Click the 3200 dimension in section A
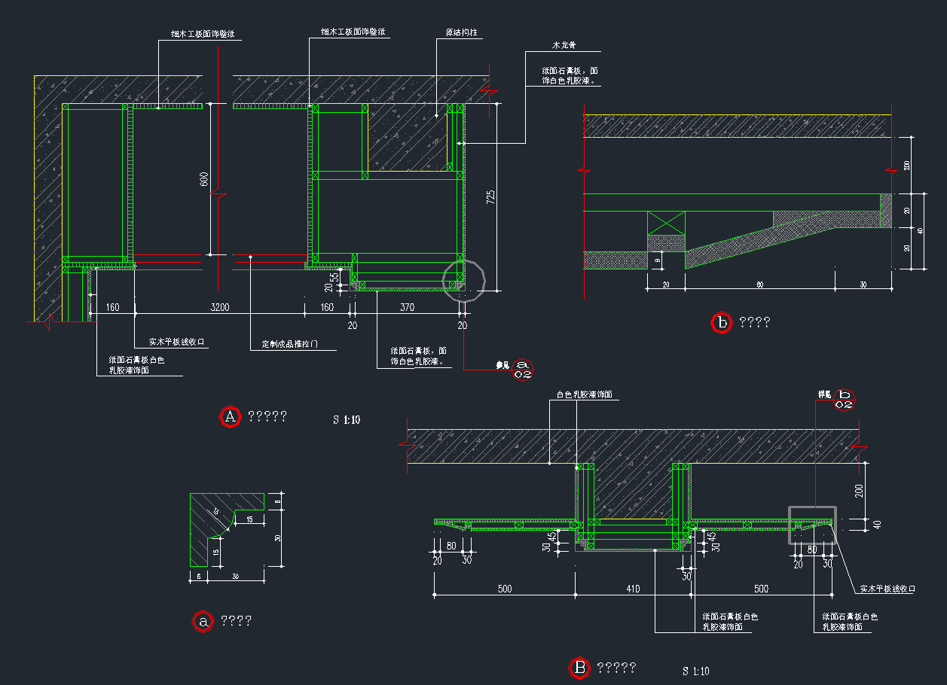[x=220, y=307]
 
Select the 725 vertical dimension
[x=490, y=197]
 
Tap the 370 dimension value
[x=407, y=307]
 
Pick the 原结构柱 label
[x=461, y=33]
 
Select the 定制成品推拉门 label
[x=290, y=344]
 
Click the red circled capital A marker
[x=229, y=416]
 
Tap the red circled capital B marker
[x=579, y=667]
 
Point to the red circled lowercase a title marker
[x=202, y=621]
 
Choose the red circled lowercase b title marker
[x=722, y=323]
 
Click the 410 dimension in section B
[x=633, y=589]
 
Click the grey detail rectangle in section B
[x=812, y=525]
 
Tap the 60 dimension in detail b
[x=759, y=285]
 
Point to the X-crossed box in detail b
[x=666, y=223]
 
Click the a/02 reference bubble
[x=524, y=369]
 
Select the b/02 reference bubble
[x=845, y=400]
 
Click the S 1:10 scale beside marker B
[x=695, y=671]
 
